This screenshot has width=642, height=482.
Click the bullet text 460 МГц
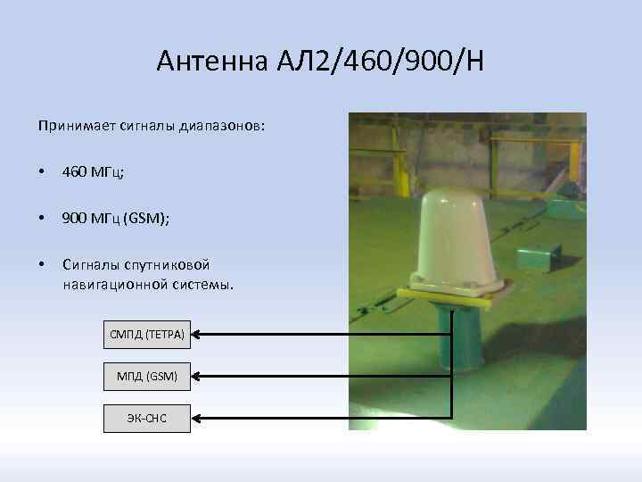point(93,171)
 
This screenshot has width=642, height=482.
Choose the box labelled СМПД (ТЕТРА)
point(147,335)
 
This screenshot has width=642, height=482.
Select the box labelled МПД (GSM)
point(147,377)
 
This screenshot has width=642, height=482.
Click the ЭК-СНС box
point(147,418)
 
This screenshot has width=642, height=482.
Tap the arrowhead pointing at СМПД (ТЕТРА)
point(198,335)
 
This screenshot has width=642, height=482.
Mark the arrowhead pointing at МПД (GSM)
point(198,377)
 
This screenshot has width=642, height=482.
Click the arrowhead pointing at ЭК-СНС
point(198,418)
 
